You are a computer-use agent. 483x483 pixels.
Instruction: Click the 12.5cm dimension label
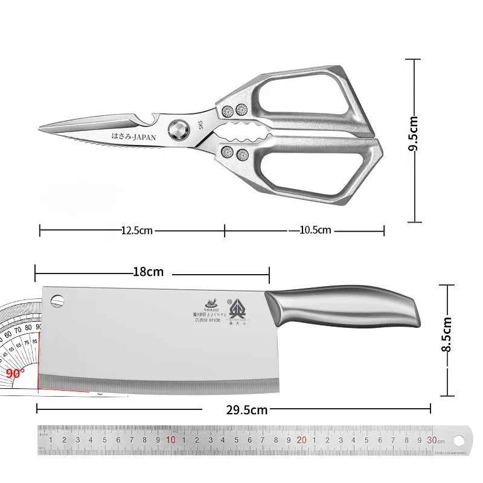[136, 230]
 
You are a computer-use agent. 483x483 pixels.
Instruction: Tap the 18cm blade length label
[149, 272]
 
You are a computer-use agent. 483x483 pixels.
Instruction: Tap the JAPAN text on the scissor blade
[134, 137]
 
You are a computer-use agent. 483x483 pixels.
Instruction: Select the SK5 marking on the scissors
[201, 126]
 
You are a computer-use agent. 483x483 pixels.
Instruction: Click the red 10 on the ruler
[171, 440]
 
